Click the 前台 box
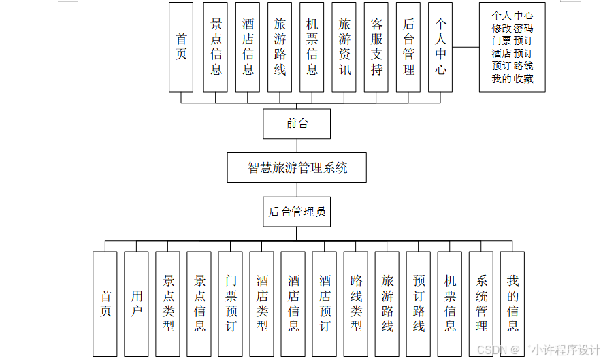[x=297, y=124]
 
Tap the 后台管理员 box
[x=297, y=212]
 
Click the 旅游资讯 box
[x=344, y=47]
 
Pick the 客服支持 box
[x=376, y=47]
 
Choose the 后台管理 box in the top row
[x=408, y=47]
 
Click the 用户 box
[x=137, y=304]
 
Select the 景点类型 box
[x=168, y=304]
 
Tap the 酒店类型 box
[x=262, y=304]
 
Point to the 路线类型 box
[x=356, y=304]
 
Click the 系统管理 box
[x=481, y=304]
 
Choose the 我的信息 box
[x=512, y=304]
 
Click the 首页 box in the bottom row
[x=105, y=304]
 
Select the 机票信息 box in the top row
[x=312, y=47]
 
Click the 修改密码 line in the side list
[x=512, y=29]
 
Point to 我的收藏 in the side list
[x=512, y=79]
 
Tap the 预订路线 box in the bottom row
[x=419, y=304]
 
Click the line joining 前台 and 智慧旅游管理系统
[x=297, y=146]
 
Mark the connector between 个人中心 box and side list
[x=466, y=47]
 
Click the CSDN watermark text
[x=489, y=349]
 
